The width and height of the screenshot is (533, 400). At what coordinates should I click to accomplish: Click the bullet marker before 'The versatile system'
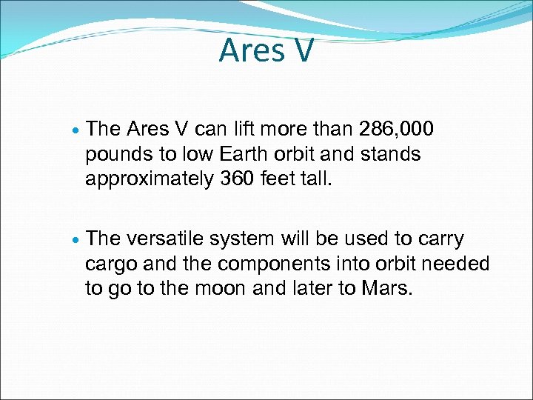point(76,241)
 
